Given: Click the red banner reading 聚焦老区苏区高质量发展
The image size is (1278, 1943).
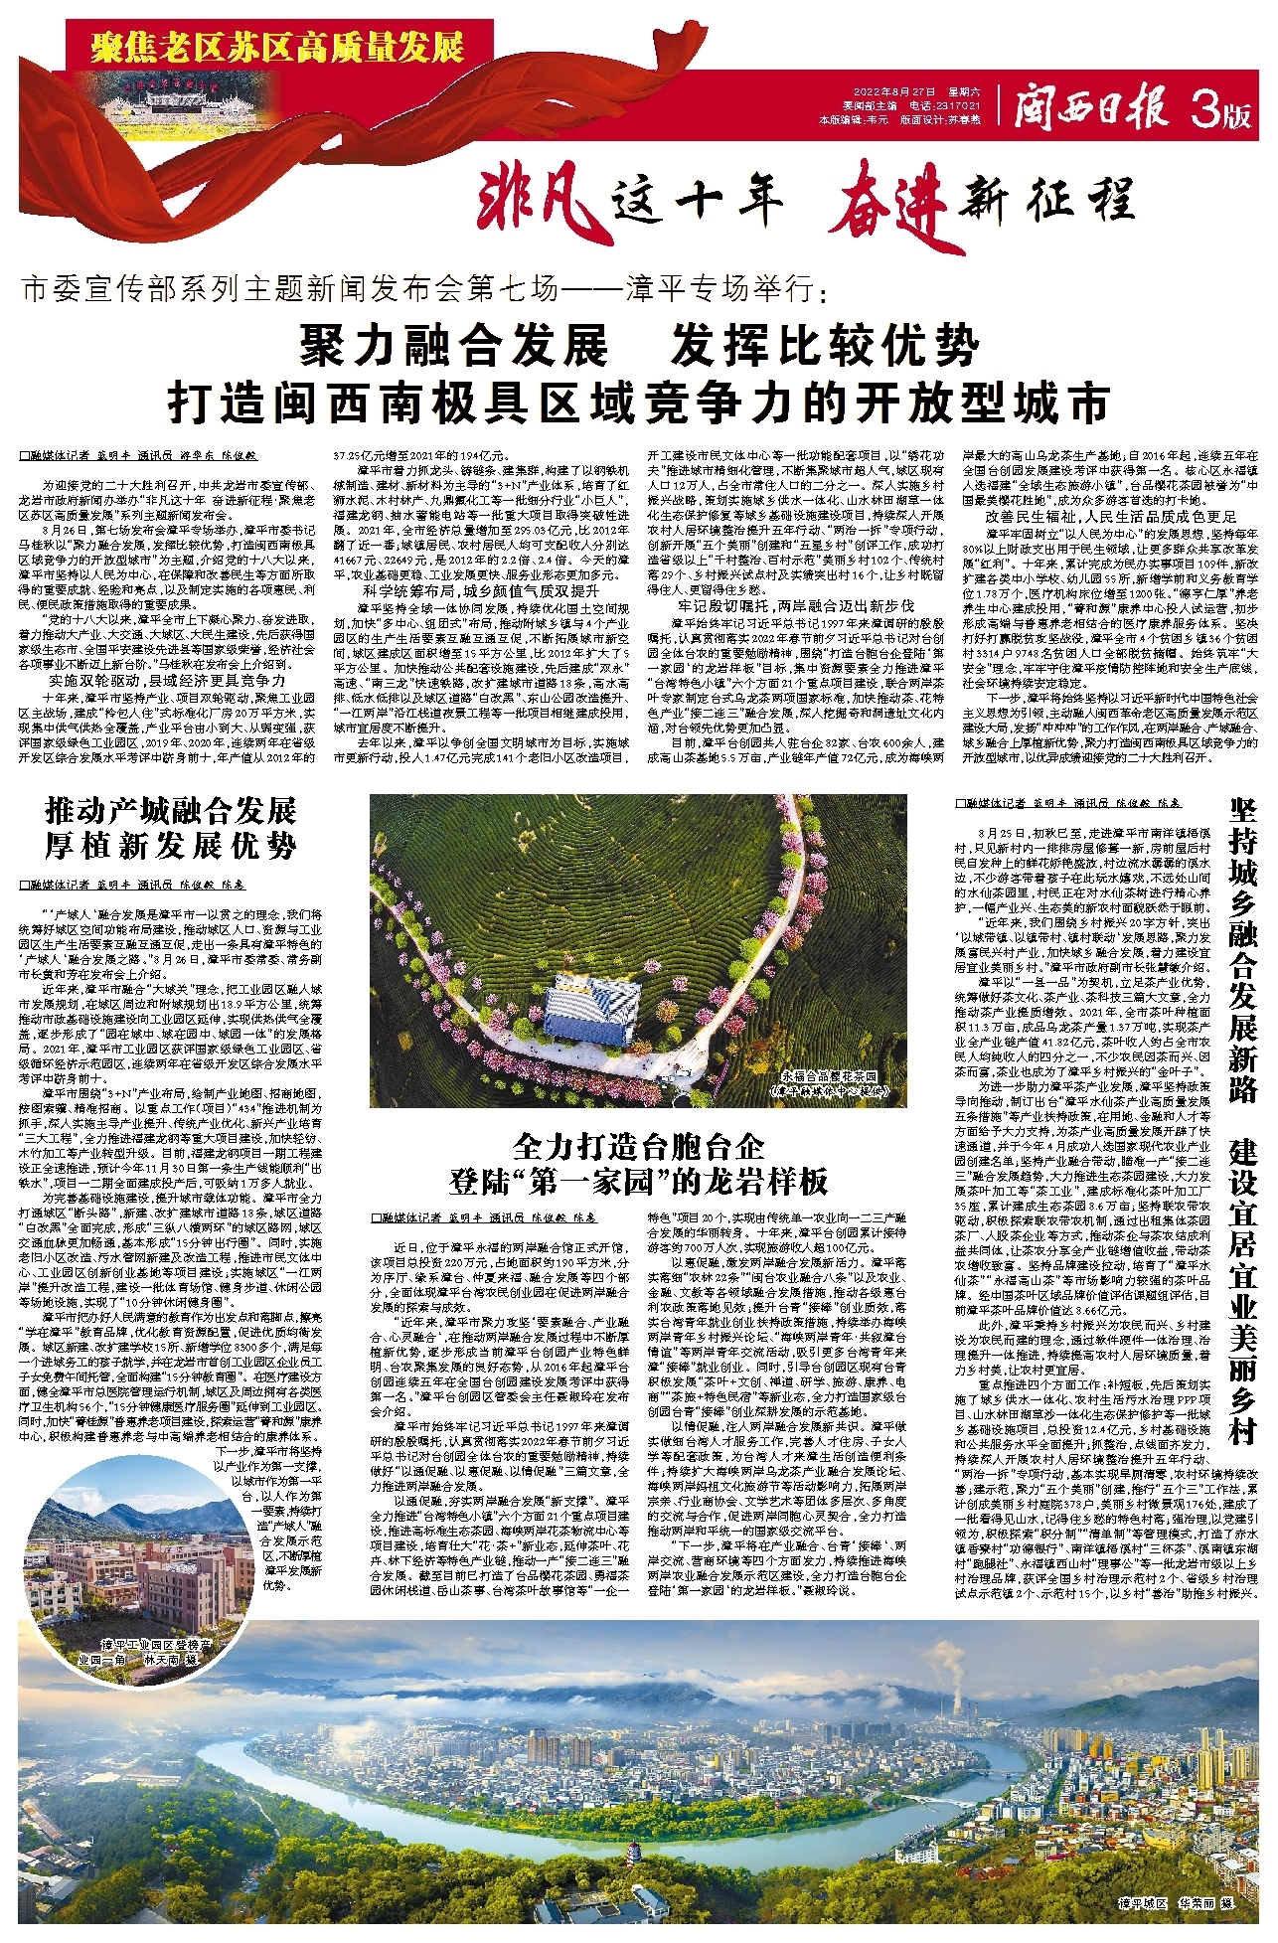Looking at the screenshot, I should pyautogui.click(x=277, y=46).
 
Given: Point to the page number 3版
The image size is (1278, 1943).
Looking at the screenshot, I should pyautogui.click(x=1221, y=112).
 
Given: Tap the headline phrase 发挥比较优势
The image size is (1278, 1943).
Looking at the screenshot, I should pyautogui.click(x=825, y=346).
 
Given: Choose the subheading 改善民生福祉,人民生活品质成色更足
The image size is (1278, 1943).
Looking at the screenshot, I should pyautogui.click(x=1110, y=517).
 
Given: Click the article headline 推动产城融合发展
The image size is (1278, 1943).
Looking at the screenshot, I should pyautogui.click(x=171, y=810).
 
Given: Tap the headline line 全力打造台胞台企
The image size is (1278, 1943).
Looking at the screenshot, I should pyautogui.click(x=638, y=1146).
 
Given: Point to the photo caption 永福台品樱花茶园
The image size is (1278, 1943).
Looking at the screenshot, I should pyautogui.click(x=829, y=1075).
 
